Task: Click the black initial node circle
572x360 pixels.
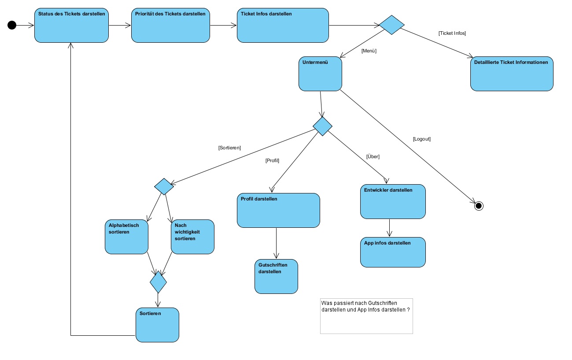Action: coord(12,25)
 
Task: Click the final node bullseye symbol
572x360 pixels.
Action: coord(479,206)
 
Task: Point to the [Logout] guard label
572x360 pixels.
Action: coord(421,139)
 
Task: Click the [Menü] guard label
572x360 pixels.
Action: coord(369,51)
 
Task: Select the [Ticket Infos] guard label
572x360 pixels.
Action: coord(452,33)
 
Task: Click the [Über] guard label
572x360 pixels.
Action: coord(373,157)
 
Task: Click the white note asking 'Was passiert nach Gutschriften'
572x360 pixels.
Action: coord(366,316)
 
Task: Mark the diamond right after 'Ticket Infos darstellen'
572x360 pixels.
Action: coord(391,25)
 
